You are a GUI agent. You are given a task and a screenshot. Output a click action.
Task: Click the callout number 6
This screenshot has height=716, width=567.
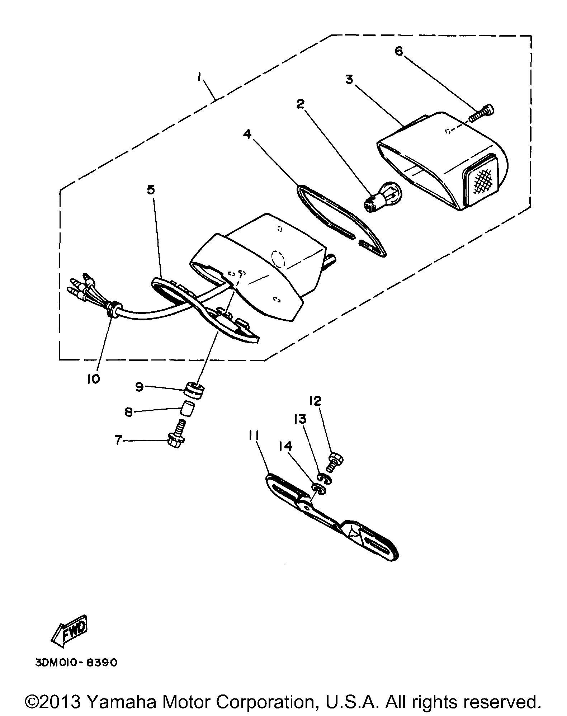(x=398, y=51)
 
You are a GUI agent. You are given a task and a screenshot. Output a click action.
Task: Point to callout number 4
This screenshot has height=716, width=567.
(x=247, y=135)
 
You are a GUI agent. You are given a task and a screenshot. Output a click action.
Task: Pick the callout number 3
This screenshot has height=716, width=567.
(x=349, y=79)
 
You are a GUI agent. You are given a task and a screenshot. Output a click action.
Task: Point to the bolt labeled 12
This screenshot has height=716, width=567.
(x=335, y=462)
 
